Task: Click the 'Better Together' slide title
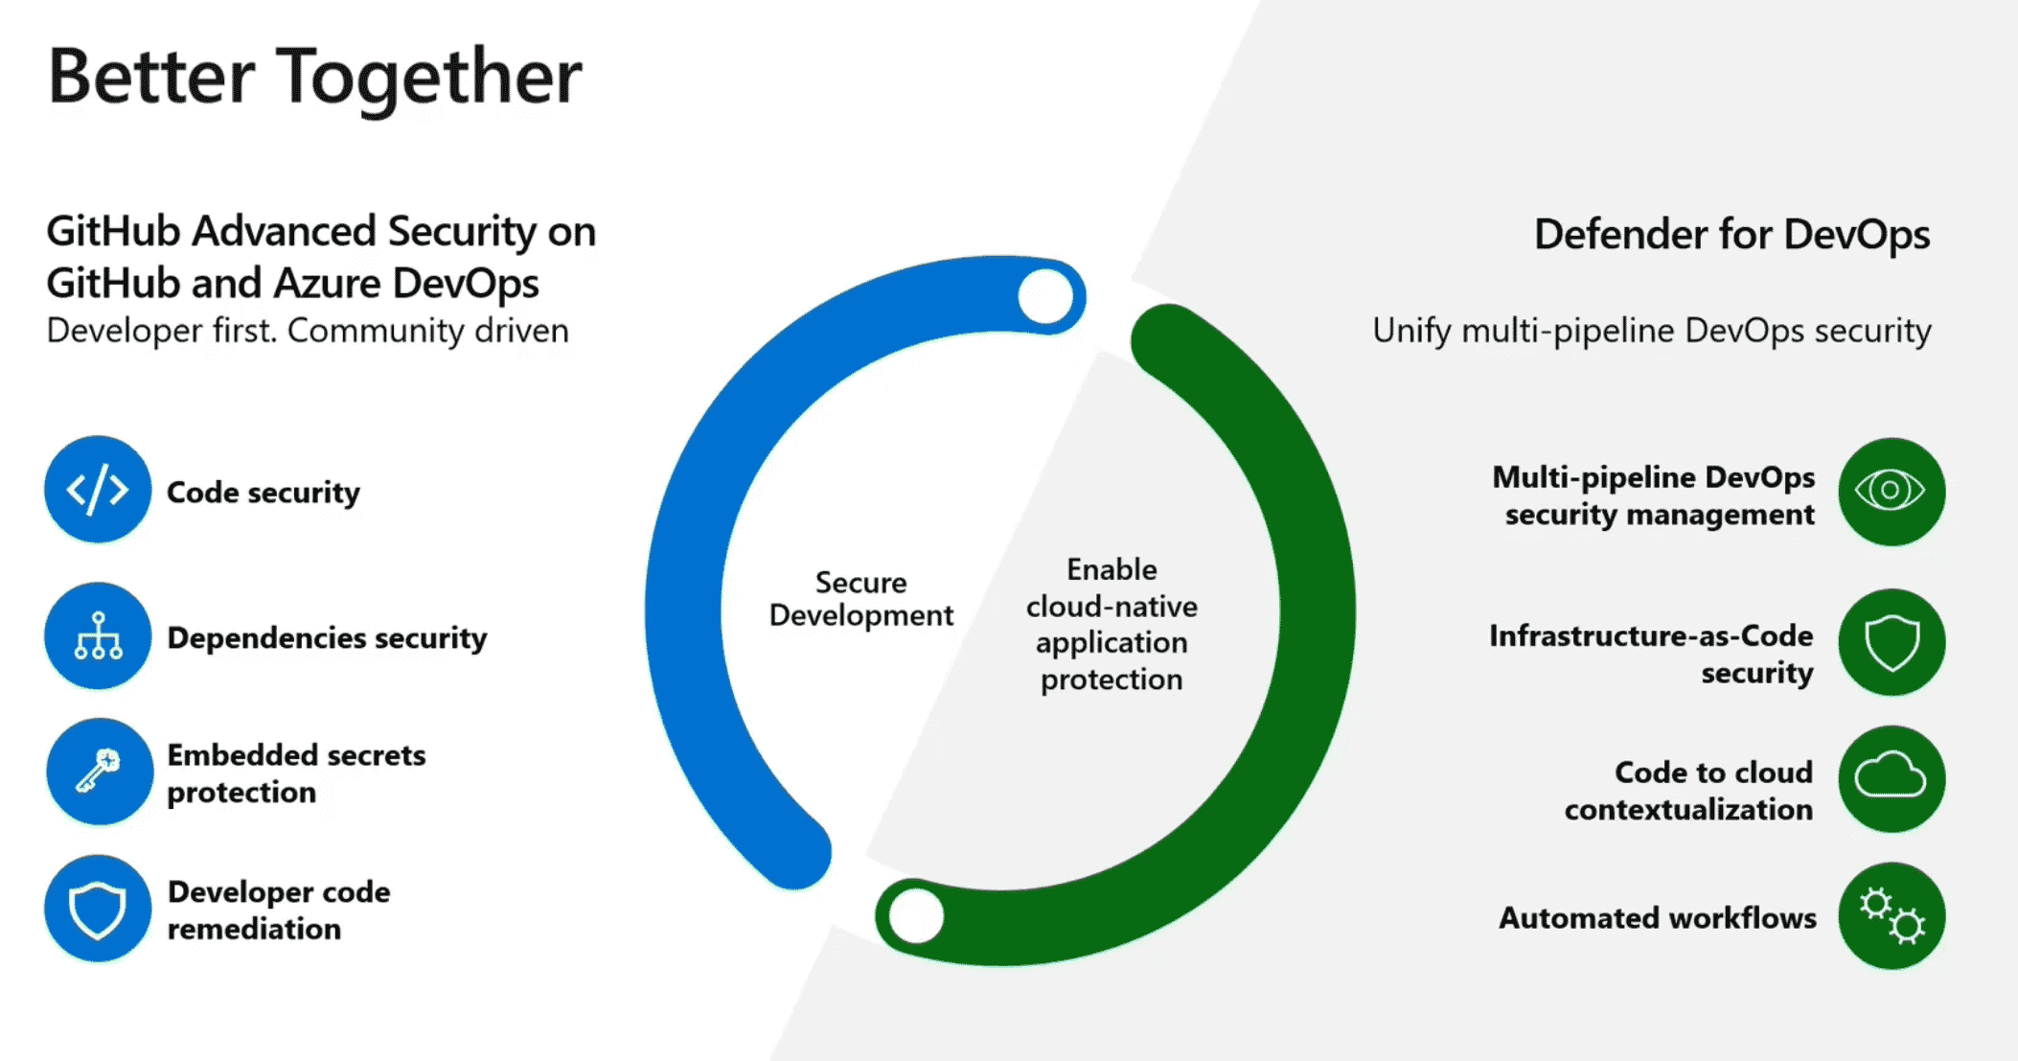(x=314, y=77)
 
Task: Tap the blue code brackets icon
(x=98, y=490)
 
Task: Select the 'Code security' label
(x=264, y=493)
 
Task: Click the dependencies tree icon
(x=98, y=636)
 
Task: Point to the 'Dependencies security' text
(x=327, y=638)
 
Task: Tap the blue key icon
(x=99, y=772)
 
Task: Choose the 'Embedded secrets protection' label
(x=296, y=773)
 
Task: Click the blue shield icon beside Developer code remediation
(x=98, y=909)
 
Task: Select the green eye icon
(x=1891, y=492)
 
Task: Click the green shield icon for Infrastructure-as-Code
(x=1891, y=642)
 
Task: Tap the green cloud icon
(x=1891, y=778)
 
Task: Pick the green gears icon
(x=1891, y=916)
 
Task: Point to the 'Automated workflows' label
(x=1658, y=918)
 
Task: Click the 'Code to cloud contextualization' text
(x=1688, y=791)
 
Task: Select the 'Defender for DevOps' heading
(x=1731, y=235)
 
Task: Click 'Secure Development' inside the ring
(x=860, y=599)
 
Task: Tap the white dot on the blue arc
(x=1045, y=297)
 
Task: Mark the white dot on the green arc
(x=916, y=915)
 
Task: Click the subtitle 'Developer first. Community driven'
(x=308, y=331)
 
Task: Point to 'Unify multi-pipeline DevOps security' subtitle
(x=1651, y=331)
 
